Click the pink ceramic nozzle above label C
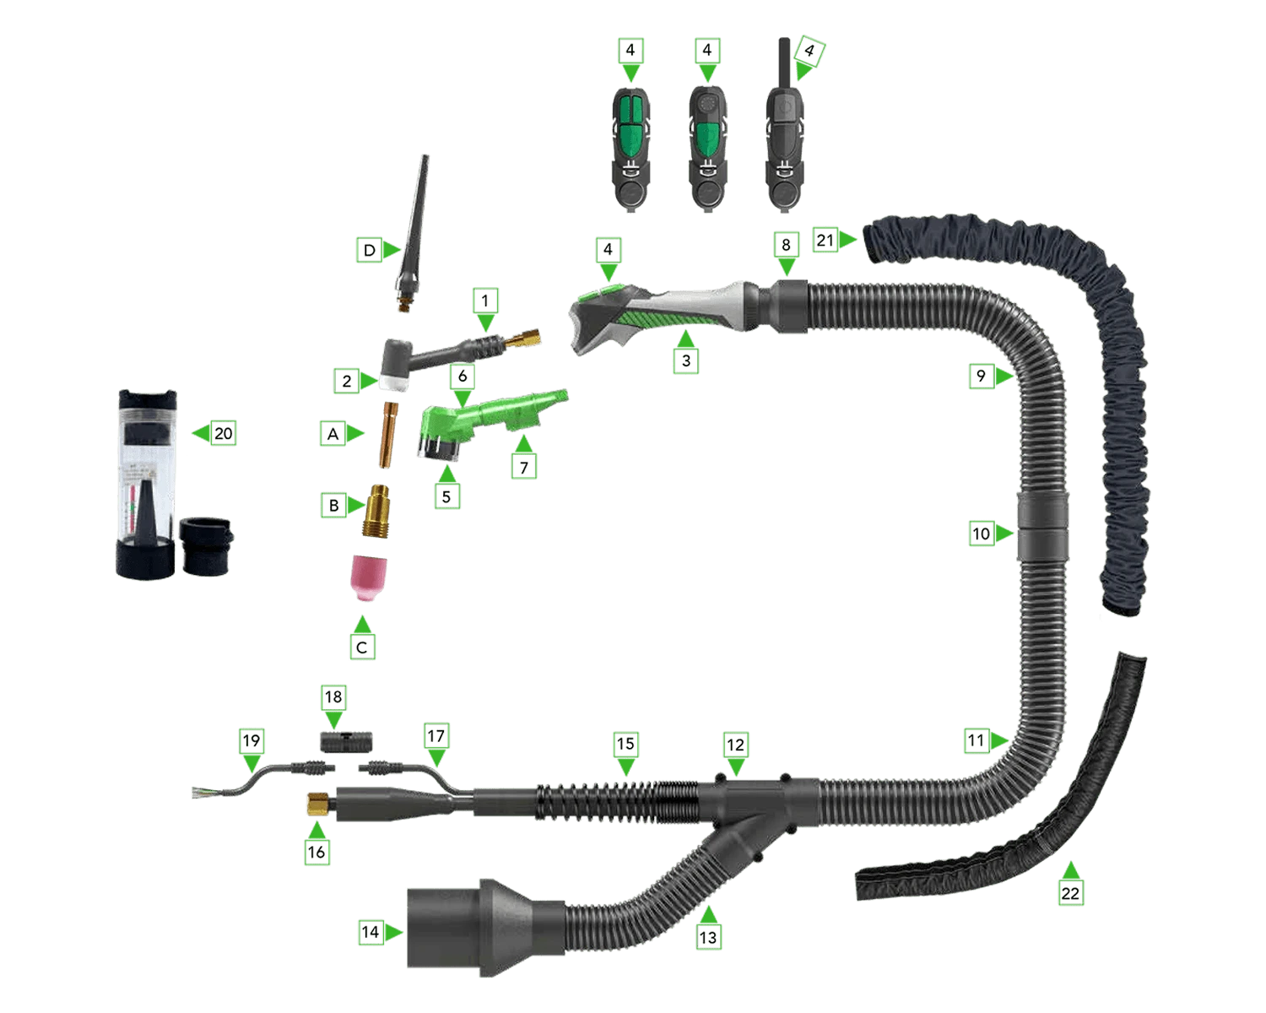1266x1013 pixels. click(368, 578)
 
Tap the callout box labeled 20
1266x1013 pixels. click(223, 433)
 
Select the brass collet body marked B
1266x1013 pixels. click(376, 511)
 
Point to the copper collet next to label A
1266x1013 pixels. click(388, 435)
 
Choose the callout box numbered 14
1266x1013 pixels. click(371, 932)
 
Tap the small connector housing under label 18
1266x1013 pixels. click(347, 742)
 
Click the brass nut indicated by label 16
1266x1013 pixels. click(318, 804)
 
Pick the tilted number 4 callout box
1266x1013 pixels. click(809, 51)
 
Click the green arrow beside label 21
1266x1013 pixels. click(847, 240)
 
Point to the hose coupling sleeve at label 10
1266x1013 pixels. click(1042, 526)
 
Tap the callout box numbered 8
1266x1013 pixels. click(786, 245)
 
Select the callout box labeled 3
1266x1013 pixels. click(686, 360)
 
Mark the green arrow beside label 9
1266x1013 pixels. click(1004, 376)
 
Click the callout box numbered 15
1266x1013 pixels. click(625, 744)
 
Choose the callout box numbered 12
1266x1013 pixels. click(735, 745)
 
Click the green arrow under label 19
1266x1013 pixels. click(252, 764)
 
